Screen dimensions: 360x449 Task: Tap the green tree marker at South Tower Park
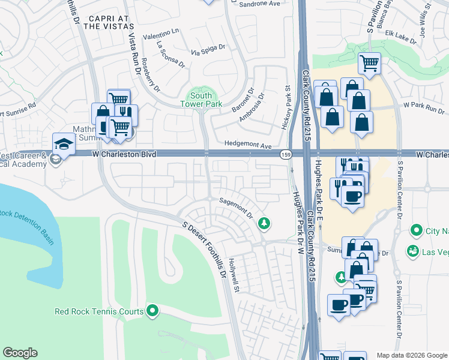click(194, 94)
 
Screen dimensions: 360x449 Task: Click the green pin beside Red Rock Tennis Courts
click(152, 311)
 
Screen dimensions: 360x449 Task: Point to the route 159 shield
click(285, 155)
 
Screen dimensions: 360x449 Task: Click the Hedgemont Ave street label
click(248, 145)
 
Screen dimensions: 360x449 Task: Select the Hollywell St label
click(235, 276)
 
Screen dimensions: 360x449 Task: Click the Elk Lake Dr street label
click(400, 37)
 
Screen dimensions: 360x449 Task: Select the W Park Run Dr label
click(423, 108)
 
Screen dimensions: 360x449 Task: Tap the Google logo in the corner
click(20, 353)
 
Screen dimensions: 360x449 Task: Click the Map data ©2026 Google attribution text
click(411, 355)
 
